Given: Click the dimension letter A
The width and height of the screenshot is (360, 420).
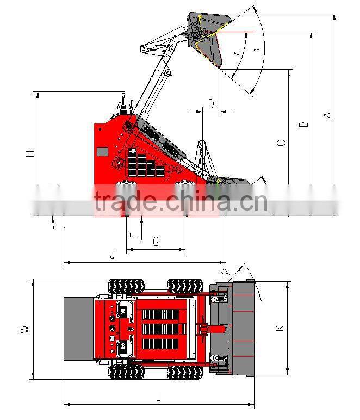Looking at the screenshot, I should (x=327, y=115).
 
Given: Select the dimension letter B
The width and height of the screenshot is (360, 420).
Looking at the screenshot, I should (x=305, y=123).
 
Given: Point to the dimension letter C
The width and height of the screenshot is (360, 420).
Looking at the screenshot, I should (x=281, y=143).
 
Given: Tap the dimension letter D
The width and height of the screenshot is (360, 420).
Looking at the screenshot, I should (x=211, y=103).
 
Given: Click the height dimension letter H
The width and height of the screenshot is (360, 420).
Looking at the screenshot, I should (x=31, y=154).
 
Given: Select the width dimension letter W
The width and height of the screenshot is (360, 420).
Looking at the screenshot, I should (x=24, y=329).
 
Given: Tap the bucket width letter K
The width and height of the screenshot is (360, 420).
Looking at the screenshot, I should (x=280, y=328).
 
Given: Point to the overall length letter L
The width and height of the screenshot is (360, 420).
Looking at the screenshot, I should (x=158, y=397).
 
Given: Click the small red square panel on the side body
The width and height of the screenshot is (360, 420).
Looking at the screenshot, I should (x=102, y=151).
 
